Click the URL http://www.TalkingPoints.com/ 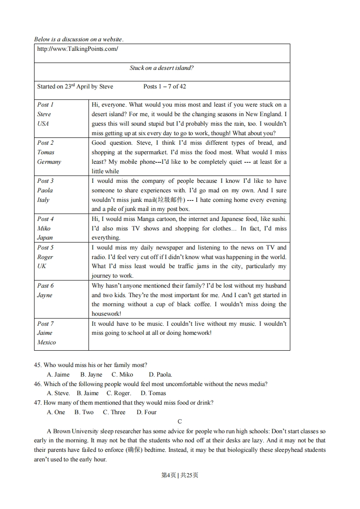tap(77, 49)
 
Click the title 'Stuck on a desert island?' tap(162, 68)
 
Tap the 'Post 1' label tap(45, 104)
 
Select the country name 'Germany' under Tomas tap(49, 162)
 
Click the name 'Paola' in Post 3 tap(45, 191)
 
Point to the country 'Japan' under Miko tap(45, 238)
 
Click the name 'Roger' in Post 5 tap(45, 257)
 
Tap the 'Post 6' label tap(45, 286)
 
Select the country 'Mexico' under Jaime tap(46, 343)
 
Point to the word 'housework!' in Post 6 tap(107, 314)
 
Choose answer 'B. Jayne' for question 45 tap(91, 375)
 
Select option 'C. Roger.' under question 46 tap(118, 393)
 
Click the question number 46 tap(38, 384)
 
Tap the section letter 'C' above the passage tap(180, 422)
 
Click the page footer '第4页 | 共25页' tap(180, 475)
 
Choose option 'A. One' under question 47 tap(56, 412)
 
